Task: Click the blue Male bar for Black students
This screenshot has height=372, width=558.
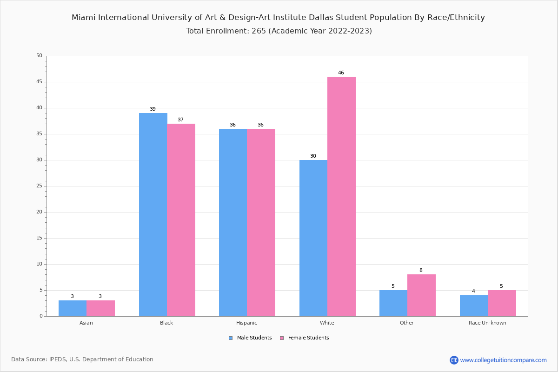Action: pyautogui.click(x=153, y=214)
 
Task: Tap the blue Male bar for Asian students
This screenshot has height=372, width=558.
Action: pyautogui.click(x=73, y=308)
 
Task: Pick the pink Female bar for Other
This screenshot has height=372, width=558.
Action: pyautogui.click(x=421, y=295)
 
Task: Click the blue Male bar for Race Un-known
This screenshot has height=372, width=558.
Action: pyautogui.click(x=474, y=306)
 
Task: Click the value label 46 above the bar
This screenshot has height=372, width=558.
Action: pyautogui.click(x=341, y=73)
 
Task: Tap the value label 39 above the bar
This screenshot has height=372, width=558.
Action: pyautogui.click(x=153, y=109)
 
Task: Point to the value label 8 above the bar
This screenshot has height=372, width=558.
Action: pyautogui.click(x=421, y=271)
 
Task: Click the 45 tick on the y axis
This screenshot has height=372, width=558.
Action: pyautogui.click(x=39, y=82)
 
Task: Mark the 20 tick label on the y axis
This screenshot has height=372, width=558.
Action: pyautogui.click(x=39, y=212)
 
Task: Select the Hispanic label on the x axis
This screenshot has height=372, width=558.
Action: pyautogui.click(x=246, y=323)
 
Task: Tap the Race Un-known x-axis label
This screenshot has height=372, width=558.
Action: pyautogui.click(x=487, y=323)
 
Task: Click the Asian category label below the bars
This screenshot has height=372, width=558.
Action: pyautogui.click(x=86, y=323)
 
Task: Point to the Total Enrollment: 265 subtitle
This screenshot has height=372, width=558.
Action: pyautogui.click(x=279, y=31)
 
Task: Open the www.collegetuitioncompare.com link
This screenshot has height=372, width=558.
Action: pyautogui.click(x=503, y=360)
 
